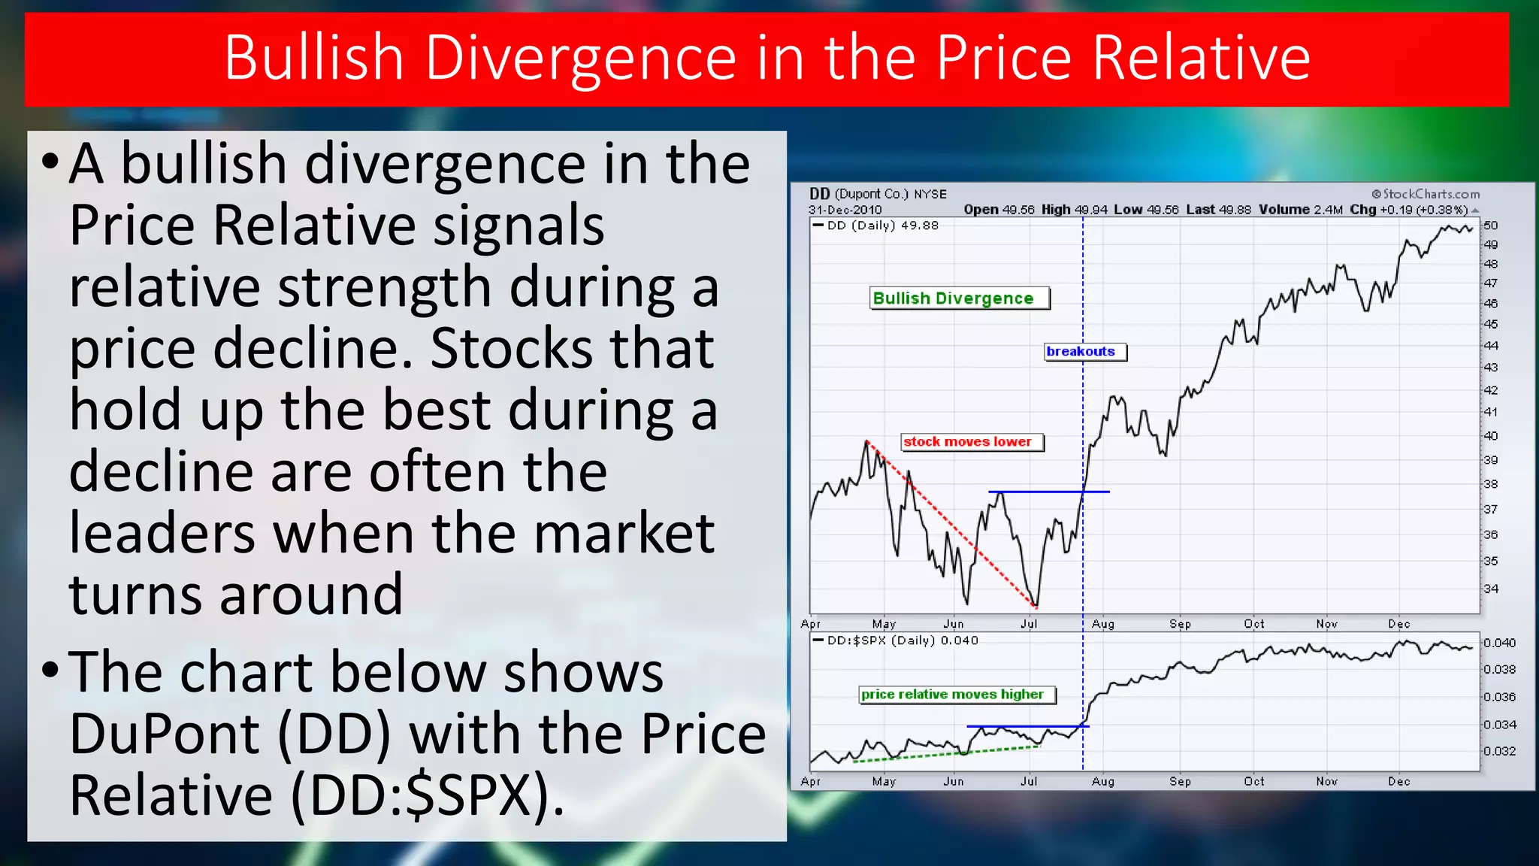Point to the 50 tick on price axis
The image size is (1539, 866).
pos(1491,226)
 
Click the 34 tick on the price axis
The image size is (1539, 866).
pos(1491,589)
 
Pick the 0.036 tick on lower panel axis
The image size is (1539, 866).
pos(1499,697)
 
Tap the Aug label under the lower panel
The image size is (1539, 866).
pos(1103,781)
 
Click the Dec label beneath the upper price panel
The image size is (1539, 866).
pos(1399,624)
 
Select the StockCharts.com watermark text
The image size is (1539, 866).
pos(1426,194)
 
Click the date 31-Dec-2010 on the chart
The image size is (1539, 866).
pos(845,210)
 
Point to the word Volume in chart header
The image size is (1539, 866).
pos(1284,210)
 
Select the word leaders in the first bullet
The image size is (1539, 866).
pos(162,533)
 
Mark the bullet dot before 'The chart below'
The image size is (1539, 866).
pos(50,669)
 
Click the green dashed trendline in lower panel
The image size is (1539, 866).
pos(947,753)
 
